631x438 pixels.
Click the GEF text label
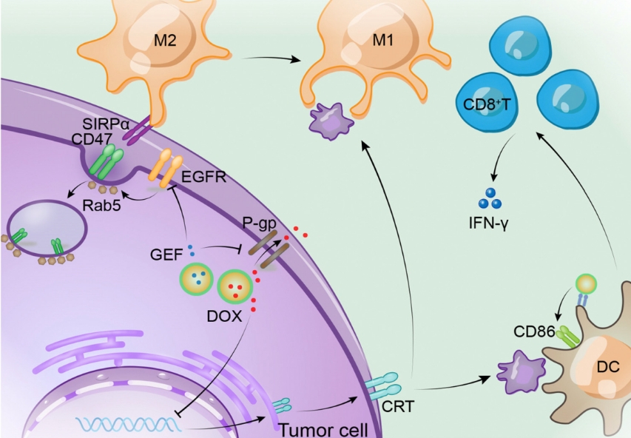tap(164, 252)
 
